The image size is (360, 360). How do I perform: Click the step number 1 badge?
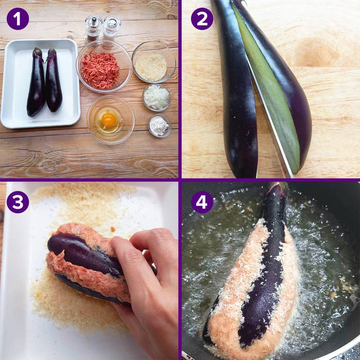(x=17, y=19)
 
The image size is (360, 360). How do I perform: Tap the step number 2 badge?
(x=202, y=19)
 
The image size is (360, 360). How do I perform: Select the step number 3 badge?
(x=17, y=202)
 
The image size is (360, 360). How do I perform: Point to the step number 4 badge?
(x=202, y=202)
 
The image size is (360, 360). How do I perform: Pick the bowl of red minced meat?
(x=104, y=66)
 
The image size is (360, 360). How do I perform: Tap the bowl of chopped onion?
(x=157, y=97)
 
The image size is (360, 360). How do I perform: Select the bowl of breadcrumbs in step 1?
(x=154, y=62)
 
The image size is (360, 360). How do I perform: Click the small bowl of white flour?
(x=160, y=125)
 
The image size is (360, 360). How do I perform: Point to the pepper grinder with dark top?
(x=93, y=29)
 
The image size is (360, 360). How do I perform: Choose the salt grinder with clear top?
(x=112, y=28)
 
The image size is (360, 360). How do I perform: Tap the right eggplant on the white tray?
(x=53, y=80)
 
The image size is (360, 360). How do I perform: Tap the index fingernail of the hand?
(x=117, y=241)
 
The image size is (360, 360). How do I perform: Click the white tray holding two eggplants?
(x=41, y=83)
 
